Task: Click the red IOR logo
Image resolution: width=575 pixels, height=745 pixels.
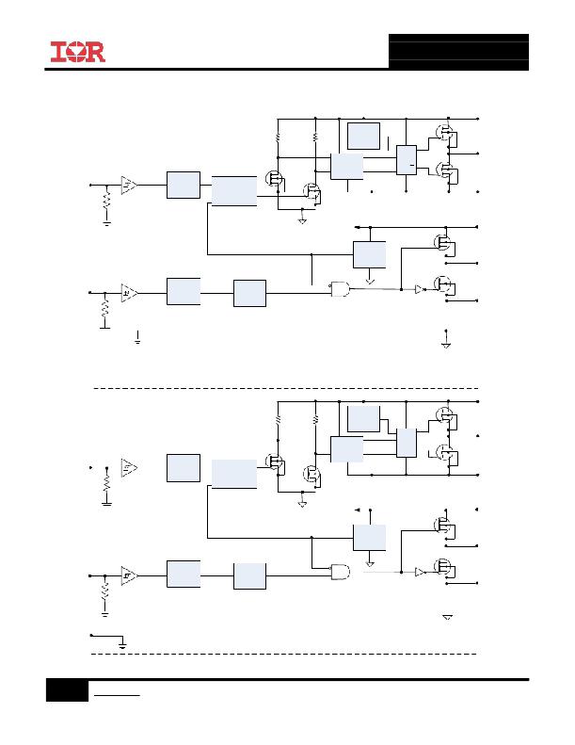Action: pos(78,52)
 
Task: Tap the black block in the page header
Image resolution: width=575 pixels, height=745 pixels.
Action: pos(458,52)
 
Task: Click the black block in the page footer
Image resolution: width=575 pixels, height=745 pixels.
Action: pos(67,690)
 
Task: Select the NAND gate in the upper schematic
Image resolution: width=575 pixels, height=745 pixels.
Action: pos(340,289)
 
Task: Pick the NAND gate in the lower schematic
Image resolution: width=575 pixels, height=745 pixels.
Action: pos(340,571)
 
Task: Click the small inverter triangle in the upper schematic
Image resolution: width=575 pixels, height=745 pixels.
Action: pos(420,289)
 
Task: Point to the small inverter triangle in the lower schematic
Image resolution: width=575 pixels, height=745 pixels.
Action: pos(420,572)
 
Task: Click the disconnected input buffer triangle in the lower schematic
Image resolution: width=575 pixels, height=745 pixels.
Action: pos(129,467)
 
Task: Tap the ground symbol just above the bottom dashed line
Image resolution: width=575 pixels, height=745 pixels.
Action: pos(122,644)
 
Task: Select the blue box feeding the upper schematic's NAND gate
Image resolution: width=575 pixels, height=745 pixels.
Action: pos(249,293)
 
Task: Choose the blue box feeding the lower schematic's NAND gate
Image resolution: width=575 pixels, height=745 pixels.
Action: pos(249,576)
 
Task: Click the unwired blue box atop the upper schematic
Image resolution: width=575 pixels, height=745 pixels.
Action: pos(363,136)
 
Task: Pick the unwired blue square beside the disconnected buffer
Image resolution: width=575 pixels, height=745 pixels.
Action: pos(184,468)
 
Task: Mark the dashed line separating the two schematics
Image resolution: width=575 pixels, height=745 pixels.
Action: pos(286,389)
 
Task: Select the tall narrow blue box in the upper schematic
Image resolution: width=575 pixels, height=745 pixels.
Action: pos(407,160)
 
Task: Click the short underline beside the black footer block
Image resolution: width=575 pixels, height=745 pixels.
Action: pos(117,696)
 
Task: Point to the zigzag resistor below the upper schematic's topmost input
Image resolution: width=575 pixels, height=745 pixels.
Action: pos(107,199)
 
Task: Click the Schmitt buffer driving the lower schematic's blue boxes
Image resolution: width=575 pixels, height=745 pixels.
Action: pos(129,575)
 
